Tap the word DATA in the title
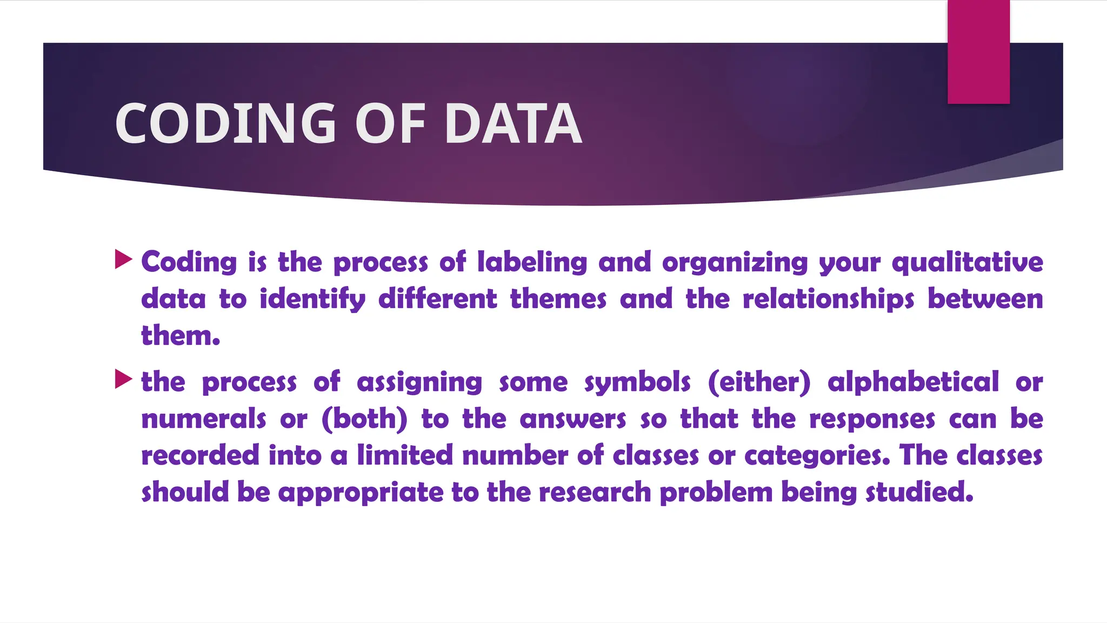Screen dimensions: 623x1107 [513, 124]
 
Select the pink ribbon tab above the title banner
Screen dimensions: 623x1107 [978, 52]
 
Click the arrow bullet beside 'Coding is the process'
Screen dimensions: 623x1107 [124, 260]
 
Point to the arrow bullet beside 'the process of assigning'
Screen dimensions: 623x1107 [124, 380]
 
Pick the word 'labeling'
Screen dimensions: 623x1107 [532, 262]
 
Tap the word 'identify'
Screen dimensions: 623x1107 [312, 300]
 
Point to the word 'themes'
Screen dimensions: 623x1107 [558, 299]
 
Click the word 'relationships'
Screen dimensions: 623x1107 [828, 300]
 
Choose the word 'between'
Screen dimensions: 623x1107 [985, 299]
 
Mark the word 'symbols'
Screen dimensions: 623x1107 [637, 383]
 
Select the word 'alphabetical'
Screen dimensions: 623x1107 [913, 382]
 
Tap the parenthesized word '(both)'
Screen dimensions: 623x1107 [364, 419]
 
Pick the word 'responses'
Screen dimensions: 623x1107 [872, 420]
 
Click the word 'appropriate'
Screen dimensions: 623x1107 [361, 493]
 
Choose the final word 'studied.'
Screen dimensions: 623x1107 [919, 492]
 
